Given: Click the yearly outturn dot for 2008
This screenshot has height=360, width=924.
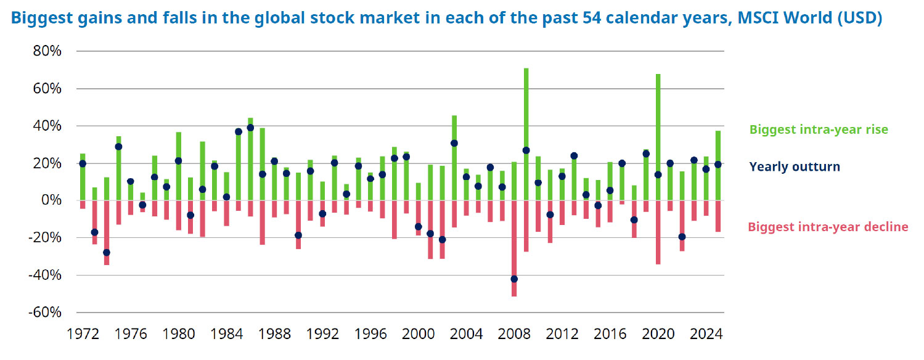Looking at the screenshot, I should (x=513, y=279).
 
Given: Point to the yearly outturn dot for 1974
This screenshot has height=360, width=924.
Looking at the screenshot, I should (x=106, y=252).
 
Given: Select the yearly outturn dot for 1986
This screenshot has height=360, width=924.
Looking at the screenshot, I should (x=250, y=128).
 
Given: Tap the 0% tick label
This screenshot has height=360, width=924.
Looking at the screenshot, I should (x=51, y=200).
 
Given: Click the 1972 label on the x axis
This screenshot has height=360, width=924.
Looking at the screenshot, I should (x=83, y=335).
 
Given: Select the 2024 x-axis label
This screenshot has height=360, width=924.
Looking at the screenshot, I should (x=706, y=335).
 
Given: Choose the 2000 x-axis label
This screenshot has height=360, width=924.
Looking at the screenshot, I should (x=419, y=335).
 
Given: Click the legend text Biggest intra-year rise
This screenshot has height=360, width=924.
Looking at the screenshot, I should (x=819, y=130).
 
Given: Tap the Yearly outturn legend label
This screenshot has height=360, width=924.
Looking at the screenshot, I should (x=795, y=166).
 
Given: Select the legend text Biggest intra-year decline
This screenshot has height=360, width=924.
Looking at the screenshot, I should (x=828, y=227).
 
